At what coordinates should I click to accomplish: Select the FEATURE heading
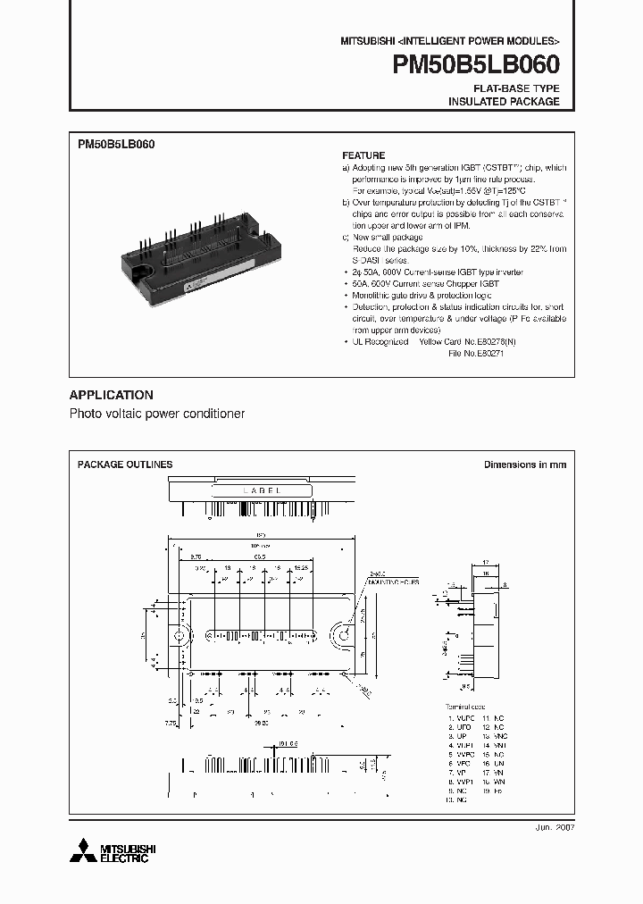(363, 155)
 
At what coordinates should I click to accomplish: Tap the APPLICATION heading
(111, 395)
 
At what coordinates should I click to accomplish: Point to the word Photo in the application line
(86, 414)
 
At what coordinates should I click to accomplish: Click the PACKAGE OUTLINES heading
(125, 465)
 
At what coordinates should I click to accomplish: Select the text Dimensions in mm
(525, 465)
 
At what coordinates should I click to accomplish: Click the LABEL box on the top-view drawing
(262, 490)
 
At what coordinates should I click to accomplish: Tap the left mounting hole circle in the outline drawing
(180, 636)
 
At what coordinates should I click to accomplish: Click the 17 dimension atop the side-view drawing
(485, 563)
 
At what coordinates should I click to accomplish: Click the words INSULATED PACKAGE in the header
(504, 102)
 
